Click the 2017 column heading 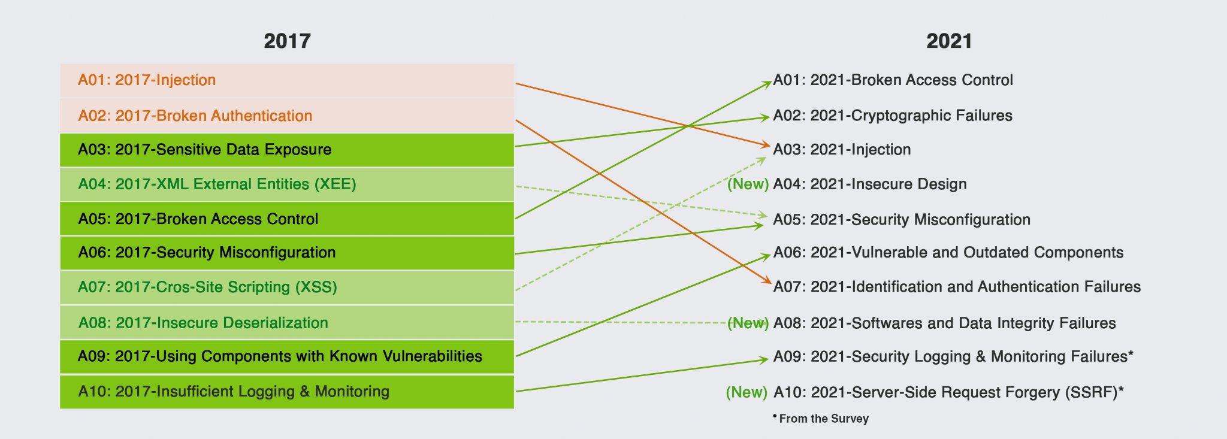[287, 41]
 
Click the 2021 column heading [949, 41]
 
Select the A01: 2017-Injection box [287, 80]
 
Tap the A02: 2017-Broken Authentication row [287, 116]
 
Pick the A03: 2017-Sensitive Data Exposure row [287, 150]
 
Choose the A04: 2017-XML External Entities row [287, 184]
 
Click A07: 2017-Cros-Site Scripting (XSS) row [287, 287]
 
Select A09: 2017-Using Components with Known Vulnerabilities [287, 356]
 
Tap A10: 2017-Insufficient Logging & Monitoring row [287, 392]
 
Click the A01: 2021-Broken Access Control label [893, 80]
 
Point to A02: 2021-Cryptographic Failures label [893, 116]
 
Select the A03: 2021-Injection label [842, 150]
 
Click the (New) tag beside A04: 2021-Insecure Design [748, 184]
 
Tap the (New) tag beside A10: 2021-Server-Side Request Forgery [747, 392]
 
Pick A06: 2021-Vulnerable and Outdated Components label [948, 253]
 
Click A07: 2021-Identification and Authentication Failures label [957, 287]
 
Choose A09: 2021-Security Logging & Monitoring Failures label [953, 357]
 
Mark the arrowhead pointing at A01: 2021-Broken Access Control [768, 83]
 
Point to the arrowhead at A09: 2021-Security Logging [764, 359]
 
